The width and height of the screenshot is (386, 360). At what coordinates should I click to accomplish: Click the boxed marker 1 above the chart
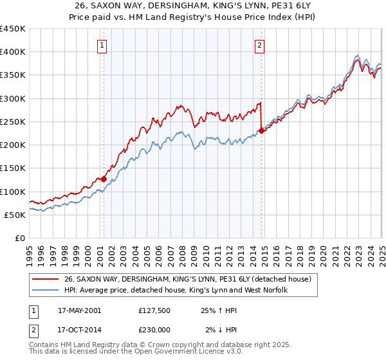click(103, 45)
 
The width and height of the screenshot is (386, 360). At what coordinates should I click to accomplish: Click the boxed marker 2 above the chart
click(259, 45)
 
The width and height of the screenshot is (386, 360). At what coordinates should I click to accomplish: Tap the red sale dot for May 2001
click(104, 179)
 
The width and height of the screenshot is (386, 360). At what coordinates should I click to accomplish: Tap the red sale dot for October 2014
click(262, 131)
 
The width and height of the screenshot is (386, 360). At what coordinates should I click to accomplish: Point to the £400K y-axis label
click(12, 52)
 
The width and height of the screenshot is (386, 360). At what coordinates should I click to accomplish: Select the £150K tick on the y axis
click(12, 168)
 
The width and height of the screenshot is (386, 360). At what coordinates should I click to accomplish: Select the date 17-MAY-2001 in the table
click(79, 310)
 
